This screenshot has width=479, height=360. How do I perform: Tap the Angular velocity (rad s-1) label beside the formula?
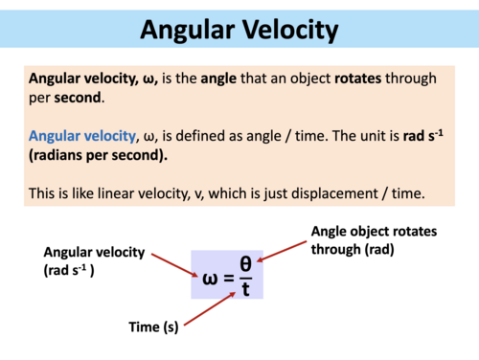click(x=94, y=259)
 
